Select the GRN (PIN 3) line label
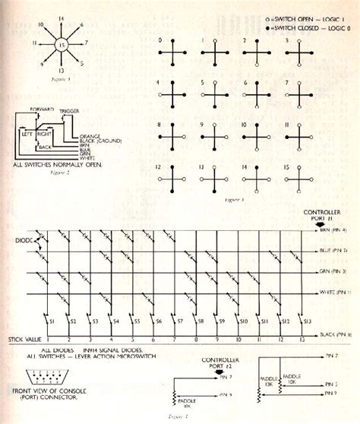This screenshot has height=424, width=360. [331, 271]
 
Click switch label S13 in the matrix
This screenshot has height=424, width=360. [307, 322]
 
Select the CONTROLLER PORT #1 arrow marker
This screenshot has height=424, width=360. [316, 222]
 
